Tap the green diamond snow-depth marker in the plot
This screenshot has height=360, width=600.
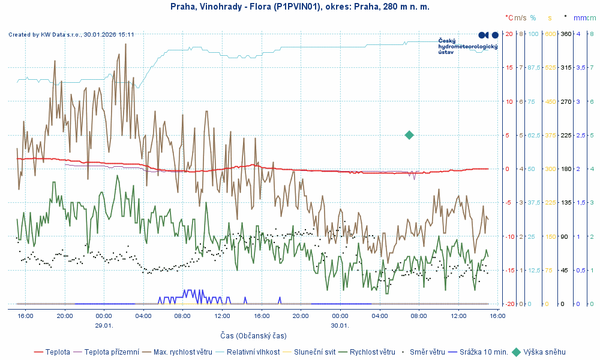coord(409,135)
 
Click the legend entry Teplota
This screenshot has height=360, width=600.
coord(58,352)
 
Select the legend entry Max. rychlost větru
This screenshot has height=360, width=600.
coord(183,352)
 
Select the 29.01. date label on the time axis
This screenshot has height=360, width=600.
coord(104,325)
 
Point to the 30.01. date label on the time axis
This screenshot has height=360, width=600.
coord(340,325)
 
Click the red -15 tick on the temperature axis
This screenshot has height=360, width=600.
coord(509,270)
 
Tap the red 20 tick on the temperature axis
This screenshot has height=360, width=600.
coord(509,34)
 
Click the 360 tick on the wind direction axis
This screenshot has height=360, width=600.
coord(565,34)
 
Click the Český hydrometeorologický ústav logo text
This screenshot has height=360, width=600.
coord(468,46)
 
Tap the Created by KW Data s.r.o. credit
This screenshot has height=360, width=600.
coord(71,35)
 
